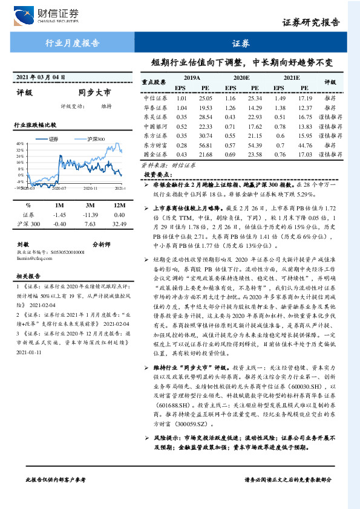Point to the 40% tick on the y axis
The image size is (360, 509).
coord(20,144)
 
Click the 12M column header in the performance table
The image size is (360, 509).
coord(119,206)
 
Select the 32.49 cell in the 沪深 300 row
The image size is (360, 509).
coord(119,224)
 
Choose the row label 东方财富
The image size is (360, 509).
coord(154,145)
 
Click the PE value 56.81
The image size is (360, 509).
coord(206,145)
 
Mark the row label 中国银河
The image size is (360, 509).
coord(154,126)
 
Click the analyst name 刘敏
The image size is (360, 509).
coord(24,244)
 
